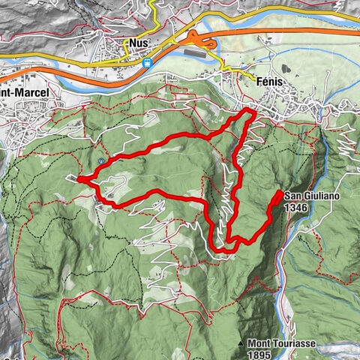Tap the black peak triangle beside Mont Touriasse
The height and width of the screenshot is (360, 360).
(241, 344)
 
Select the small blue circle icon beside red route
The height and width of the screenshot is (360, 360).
(100, 160)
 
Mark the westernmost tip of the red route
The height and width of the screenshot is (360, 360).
(78, 178)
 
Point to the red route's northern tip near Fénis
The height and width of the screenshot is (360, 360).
(248, 112)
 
